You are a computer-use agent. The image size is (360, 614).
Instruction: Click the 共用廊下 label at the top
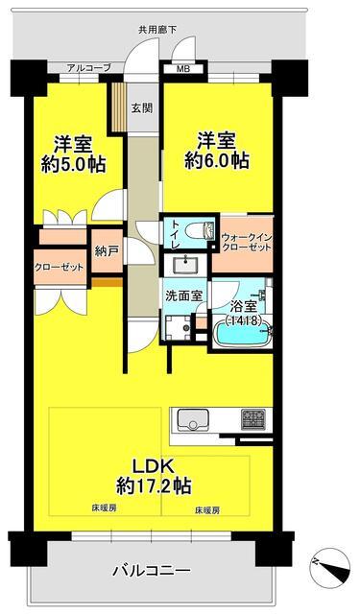(x=157, y=30)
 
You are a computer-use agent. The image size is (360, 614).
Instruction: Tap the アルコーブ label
(x=89, y=68)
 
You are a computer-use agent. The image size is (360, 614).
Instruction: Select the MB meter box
(x=183, y=70)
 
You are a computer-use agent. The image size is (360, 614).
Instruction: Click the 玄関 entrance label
(x=142, y=108)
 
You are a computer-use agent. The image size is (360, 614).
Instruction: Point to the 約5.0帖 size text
(x=73, y=164)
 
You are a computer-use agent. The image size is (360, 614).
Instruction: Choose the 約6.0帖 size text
(x=217, y=160)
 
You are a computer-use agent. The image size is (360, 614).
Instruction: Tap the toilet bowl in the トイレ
(x=202, y=230)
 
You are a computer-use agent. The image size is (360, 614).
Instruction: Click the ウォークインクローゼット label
(x=247, y=243)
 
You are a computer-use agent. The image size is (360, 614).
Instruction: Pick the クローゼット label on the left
(x=60, y=267)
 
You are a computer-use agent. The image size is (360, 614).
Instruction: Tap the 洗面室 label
(x=183, y=296)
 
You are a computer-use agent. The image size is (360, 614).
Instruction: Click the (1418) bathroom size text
(x=243, y=321)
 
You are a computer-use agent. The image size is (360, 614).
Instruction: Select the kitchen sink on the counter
(x=194, y=420)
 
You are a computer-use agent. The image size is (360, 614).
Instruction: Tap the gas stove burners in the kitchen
(x=253, y=418)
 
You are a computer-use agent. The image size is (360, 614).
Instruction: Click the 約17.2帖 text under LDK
(x=154, y=485)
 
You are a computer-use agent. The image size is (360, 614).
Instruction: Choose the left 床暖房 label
(x=104, y=508)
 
